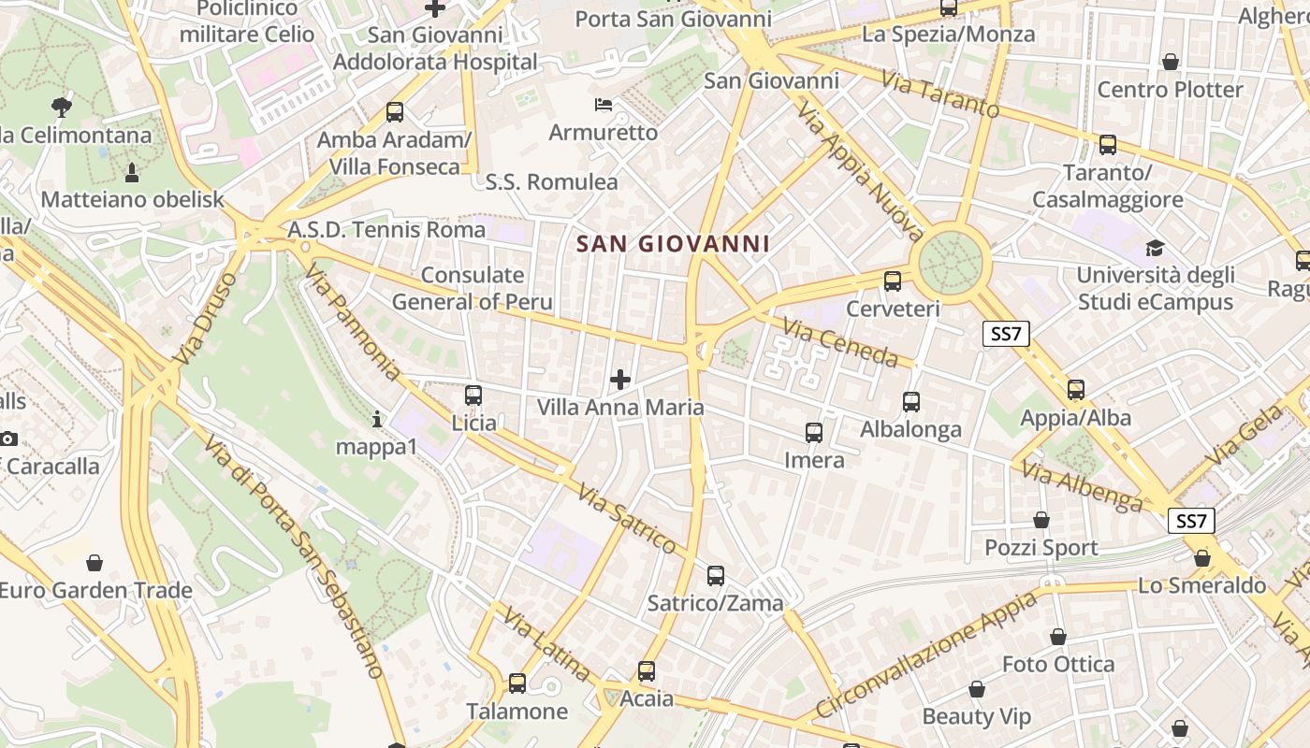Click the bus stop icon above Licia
[473, 396]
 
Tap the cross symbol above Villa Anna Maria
[619, 379]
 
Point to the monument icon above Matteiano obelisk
[132, 172]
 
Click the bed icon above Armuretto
[604, 104]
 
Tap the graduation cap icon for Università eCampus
[1155, 248]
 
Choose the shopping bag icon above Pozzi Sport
[1041, 520]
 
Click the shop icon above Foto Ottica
[1058, 637]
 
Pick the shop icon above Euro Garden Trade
[94, 563]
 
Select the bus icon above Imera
[814, 433]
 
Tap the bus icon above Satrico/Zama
[716, 576]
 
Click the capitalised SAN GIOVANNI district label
[673, 244]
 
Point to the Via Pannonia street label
[353, 322]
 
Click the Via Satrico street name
[626, 519]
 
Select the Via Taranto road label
[940, 94]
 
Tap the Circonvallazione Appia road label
[925, 654]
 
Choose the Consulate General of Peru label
[473, 288]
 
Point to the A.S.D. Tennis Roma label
[386, 229]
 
